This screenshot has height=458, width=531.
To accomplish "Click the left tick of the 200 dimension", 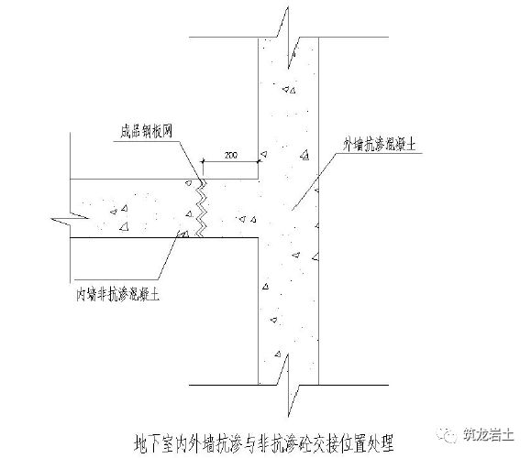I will pyautogui.click(x=202, y=164).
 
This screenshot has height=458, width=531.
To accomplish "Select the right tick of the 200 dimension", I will pyautogui.click(x=259, y=164).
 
